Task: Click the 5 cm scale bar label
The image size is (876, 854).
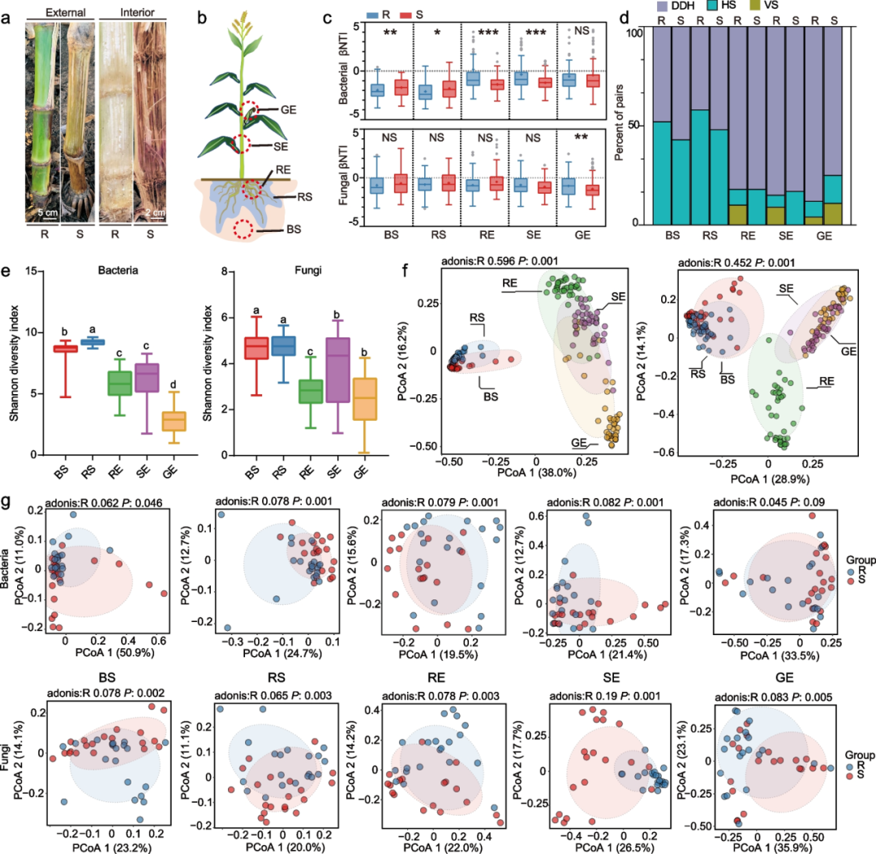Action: coord(48,212)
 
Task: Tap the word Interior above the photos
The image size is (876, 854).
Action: coord(137,12)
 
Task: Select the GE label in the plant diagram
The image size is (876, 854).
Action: coord(288,109)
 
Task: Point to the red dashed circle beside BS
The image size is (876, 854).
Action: coord(243,229)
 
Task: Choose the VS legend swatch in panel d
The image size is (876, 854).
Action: coord(755,6)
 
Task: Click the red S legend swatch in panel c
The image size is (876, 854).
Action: coord(406,15)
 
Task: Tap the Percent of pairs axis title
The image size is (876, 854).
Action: coord(619,122)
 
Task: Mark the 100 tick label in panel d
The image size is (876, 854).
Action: coord(634,33)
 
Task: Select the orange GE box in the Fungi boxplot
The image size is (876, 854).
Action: coord(365,399)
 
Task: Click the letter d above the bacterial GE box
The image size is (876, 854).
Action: coord(174,384)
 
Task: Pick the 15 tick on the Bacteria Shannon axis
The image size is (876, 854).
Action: coord(31,272)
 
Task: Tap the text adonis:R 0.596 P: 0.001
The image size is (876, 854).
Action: coord(500,261)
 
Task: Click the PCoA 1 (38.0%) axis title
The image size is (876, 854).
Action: coord(536,473)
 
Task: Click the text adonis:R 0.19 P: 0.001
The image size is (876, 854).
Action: coord(604,696)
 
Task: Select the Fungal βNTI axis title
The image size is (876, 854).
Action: coord(342,175)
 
